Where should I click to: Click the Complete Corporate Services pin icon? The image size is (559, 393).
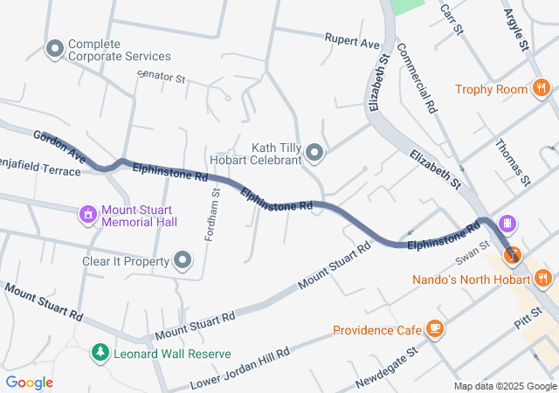click(x=55, y=49)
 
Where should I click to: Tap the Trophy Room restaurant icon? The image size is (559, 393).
click(x=542, y=88)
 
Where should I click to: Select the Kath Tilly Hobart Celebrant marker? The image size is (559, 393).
click(x=315, y=155)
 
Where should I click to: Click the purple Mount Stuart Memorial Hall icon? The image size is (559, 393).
click(x=87, y=214)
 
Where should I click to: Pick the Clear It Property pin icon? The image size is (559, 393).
click(x=183, y=260)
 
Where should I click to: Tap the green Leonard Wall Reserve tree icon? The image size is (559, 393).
click(x=101, y=353)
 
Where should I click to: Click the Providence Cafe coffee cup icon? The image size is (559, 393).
click(x=434, y=329)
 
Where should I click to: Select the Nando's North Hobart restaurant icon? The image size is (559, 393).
click(x=542, y=279)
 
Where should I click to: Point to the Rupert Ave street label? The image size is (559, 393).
click(x=352, y=41)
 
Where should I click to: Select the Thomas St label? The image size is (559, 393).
click(x=513, y=162)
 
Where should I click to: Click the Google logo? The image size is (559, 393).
click(x=30, y=383)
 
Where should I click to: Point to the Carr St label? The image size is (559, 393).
click(x=450, y=14)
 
